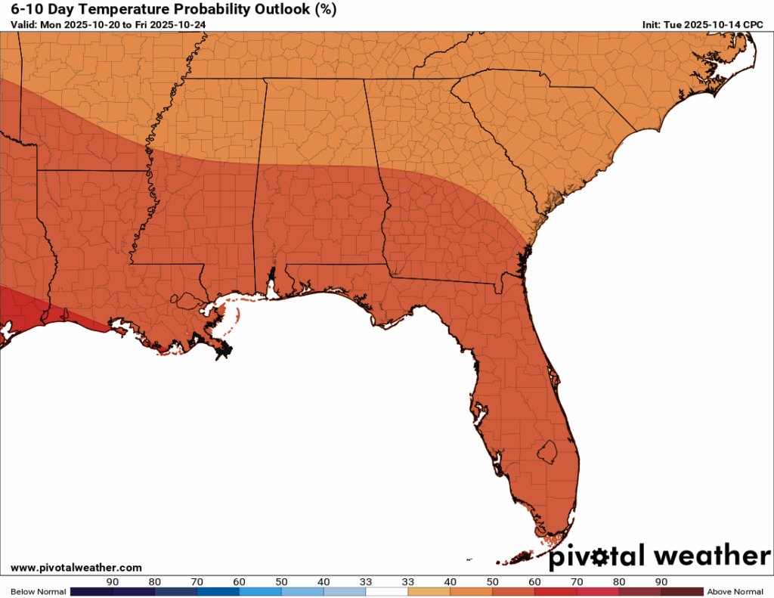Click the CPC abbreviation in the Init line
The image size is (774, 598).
pyautogui.click(x=752, y=25)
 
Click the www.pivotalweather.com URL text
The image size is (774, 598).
pyautogui.click(x=76, y=567)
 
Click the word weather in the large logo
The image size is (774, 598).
pyautogui.click(x=711, y=556)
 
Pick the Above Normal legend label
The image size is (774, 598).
pyautogui.click(x=735, y=591)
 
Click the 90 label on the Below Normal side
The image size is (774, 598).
pyautogui.click(x=113, y=581)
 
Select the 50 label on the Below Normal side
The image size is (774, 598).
pyautogui.click(x=282, y=581)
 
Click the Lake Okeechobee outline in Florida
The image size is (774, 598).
pyautogui.click(x=546, y=453)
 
